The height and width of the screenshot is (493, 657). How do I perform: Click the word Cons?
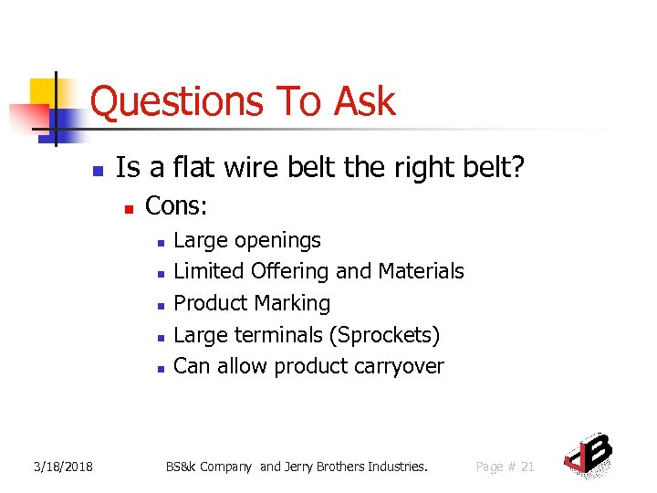coord(176,206)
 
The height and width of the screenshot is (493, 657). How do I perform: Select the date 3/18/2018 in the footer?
coord(63,467)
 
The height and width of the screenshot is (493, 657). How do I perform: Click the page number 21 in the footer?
coord(527,467)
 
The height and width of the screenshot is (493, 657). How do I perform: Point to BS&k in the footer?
coord(182,467)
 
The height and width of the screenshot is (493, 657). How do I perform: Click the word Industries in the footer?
coord(397,467)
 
